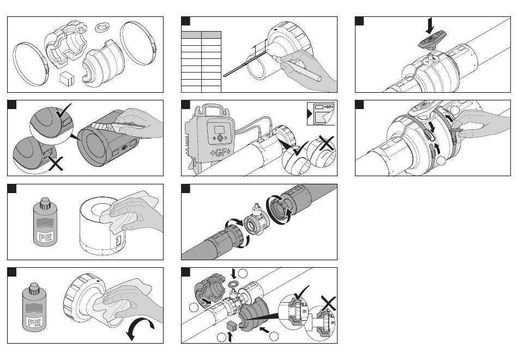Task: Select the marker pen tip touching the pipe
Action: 274,58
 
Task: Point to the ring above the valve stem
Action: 233,285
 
